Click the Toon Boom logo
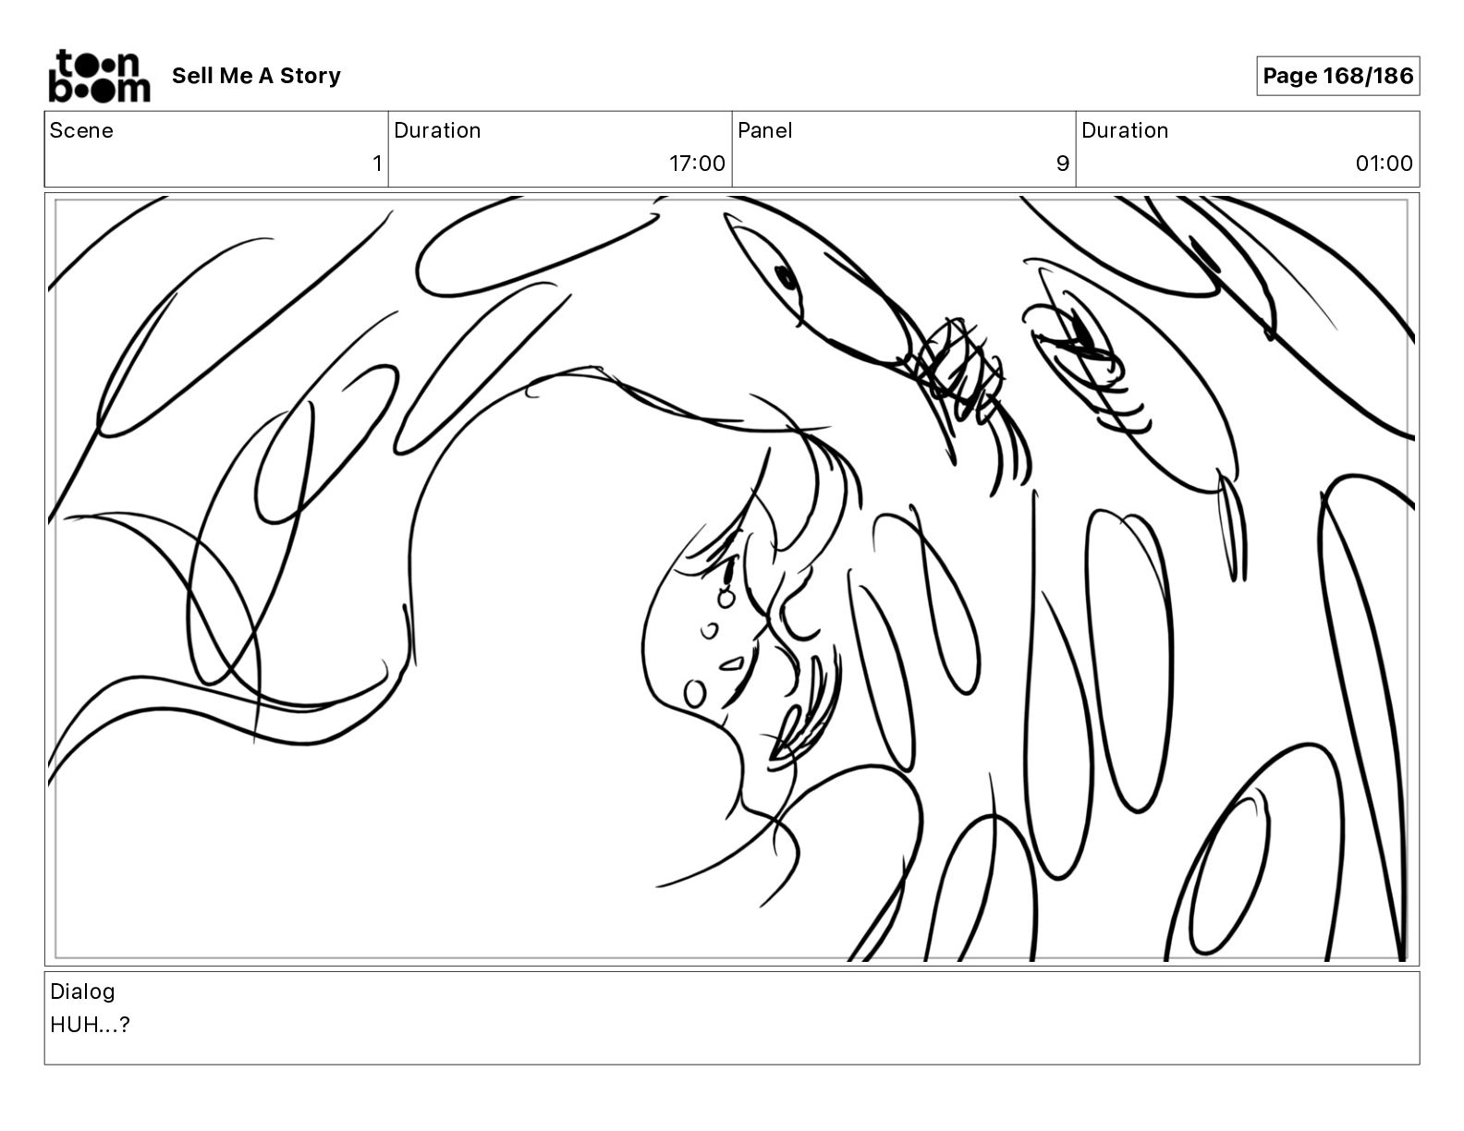[100, 76]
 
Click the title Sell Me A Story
[256, 76]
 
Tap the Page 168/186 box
[1337, 76]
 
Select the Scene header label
[81, 130]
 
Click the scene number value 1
[377, 163]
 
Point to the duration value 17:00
[697, 163]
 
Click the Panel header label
[764, 130]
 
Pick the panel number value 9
[1063, 163]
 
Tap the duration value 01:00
[1384, 163]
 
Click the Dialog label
[82, 991]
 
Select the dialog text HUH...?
[90, 1024]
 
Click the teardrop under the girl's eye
[726, 597]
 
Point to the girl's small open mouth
[732, 665]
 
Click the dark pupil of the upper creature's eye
[786, 277]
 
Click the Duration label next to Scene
[437, 130]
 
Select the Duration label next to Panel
[1125, 130]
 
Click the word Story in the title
[310, 76]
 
